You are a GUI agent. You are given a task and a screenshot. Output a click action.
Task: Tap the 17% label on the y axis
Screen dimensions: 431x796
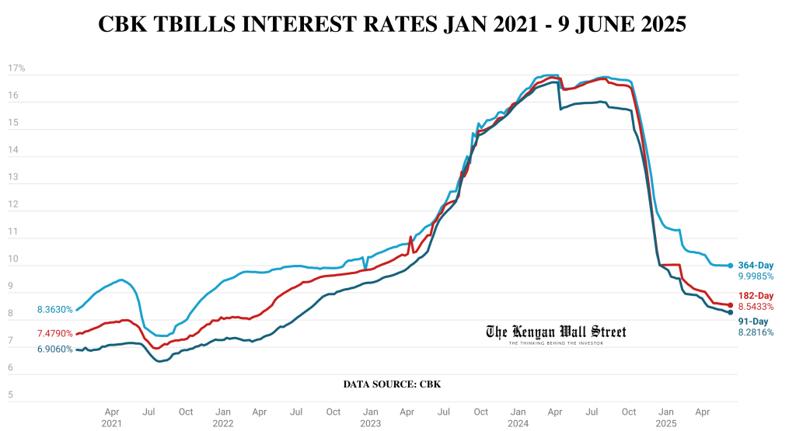click(x=16, y=68)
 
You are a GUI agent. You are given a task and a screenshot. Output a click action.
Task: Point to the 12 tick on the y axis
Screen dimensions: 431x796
click(x=12, y=205)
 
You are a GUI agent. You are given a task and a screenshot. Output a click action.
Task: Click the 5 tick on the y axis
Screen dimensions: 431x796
click(x=11, y=395)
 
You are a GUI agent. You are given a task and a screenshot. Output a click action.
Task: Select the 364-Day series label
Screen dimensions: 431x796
click(x=755, y=266)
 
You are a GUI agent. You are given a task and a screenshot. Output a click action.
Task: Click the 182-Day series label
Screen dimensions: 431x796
click(x=755, y=296)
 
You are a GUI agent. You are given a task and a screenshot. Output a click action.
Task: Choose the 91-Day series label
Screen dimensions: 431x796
click(x=752, y=322)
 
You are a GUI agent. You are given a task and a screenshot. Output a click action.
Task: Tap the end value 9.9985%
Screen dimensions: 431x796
click(x=756, y=276)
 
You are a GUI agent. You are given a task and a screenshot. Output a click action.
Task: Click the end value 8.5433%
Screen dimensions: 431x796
click(x=756, y=307)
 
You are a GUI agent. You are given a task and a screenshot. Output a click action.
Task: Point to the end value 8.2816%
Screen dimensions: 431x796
click(x=756, y=332)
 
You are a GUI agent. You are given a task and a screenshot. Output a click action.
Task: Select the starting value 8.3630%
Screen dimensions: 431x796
click(x=54, y=310)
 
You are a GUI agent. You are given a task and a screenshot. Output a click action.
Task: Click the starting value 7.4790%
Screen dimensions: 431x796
click(x=54, y=333)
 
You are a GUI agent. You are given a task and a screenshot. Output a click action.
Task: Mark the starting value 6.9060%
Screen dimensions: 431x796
click(x=54, y=349)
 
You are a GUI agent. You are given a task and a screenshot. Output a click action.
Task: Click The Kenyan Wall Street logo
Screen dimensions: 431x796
click(x=556, y=333)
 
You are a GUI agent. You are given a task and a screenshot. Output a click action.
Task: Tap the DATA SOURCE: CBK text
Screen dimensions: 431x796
click(x=392, y=384)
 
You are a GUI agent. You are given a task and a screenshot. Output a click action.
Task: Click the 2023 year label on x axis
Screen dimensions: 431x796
click(x=371, y=424)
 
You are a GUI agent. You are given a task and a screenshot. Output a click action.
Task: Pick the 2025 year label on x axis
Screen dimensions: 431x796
click(x=665, y=424)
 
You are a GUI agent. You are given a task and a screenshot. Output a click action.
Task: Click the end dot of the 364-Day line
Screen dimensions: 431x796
click(x=731, y=266)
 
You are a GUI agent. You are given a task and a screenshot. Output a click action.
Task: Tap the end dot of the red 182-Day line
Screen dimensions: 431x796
click(x=731, y=305)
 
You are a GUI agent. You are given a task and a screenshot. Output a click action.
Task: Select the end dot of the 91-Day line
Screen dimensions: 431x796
click(x=731, y=312)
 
